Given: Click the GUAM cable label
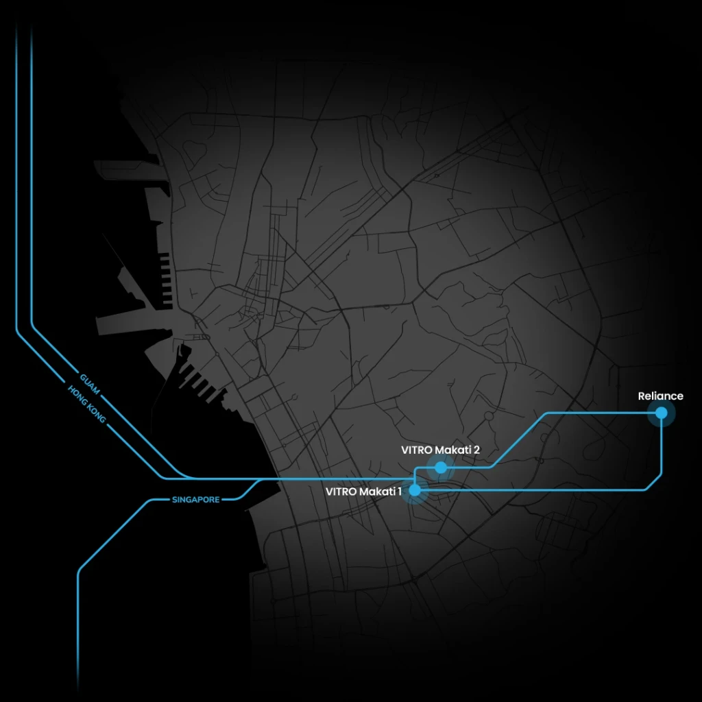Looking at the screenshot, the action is pos(90,384).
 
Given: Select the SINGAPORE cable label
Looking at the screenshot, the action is pos(196,500).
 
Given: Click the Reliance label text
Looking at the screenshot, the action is pos(660,396).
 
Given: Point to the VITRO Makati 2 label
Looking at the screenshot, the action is pos(440,450).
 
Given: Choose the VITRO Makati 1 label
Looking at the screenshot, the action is pos(364,491).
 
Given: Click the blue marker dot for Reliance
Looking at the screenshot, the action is pos(661,413).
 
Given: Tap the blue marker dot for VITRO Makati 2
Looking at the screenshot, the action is pos(441,468).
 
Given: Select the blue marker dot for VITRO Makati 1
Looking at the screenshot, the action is pos(415,490).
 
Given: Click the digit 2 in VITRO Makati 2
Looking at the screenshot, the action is pos(476,450).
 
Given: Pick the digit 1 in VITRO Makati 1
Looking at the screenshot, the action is pos(400,491).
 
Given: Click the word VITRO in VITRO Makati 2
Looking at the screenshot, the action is pos(416,450).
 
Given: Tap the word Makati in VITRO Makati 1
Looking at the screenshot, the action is pos(378,491).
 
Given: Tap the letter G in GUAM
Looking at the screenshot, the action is pos(83,378).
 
